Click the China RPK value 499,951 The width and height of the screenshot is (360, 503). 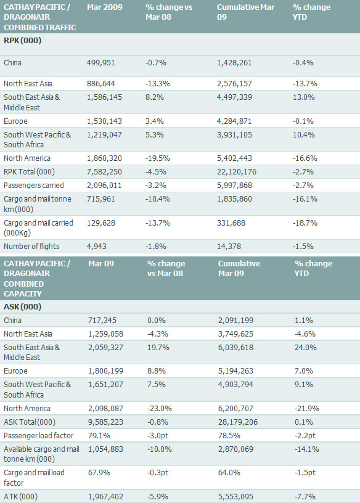(x=100, y=62)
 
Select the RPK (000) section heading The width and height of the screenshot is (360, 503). (x=22, y=41)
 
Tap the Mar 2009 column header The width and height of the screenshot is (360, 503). (x=105, y=7)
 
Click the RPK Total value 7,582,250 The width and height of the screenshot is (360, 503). (x=104, y=172)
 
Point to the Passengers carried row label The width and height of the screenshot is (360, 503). (x=34, y=186)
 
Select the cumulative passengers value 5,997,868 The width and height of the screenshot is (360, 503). (x=234, y=186)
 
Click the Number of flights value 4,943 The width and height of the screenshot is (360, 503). (x=97, y=247)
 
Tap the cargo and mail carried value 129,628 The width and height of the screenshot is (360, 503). (x=100, y=223)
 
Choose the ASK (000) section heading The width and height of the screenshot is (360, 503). (x=22, y=307)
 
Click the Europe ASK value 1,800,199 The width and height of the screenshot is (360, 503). (x=105, y=371)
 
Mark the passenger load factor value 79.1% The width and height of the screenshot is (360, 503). (x=99, y=436)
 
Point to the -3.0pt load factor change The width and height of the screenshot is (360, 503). (x=158, y=436)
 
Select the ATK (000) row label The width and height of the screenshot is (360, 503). (x=20, y=497)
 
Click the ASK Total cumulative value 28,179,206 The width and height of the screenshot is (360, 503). (x=238, y=422)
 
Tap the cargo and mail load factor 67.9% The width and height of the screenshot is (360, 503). (x=99, y=473)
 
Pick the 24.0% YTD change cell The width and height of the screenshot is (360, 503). (x=306, y=348)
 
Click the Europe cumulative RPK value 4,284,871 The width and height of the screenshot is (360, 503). (x=234, y=121)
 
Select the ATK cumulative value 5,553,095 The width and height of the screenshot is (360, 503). (x=236, y=497)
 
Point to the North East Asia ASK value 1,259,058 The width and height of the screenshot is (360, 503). (x=105, y=334)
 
